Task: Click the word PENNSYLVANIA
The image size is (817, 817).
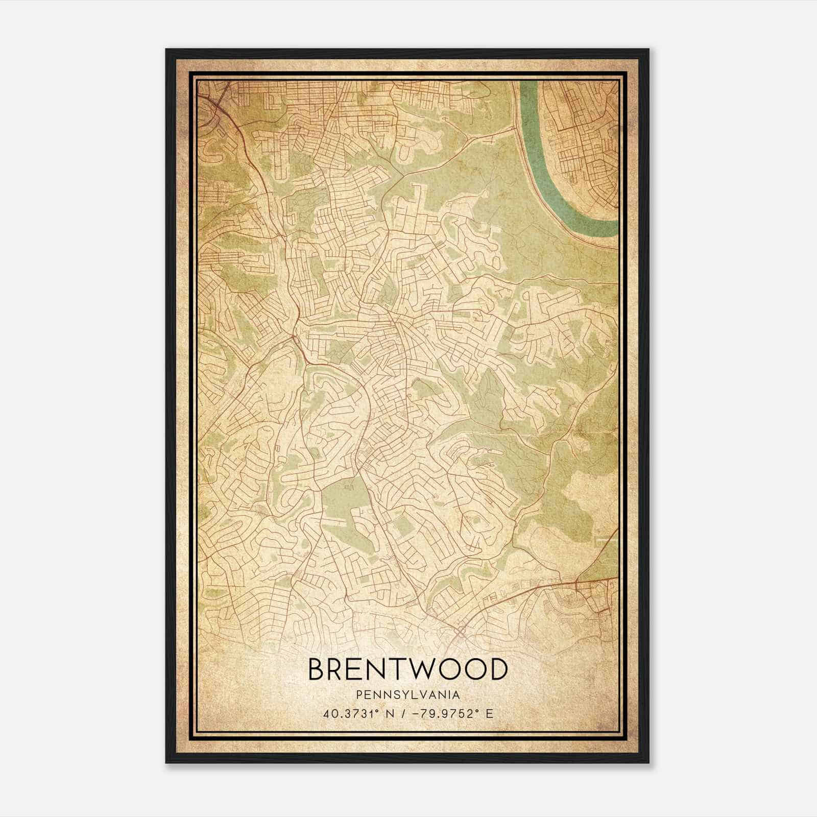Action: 408,694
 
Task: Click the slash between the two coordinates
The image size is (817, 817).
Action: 404,713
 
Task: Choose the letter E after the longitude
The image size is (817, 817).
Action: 490,713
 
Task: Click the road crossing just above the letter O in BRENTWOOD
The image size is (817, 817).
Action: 460,632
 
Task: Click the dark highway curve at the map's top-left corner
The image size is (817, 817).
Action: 214,102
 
